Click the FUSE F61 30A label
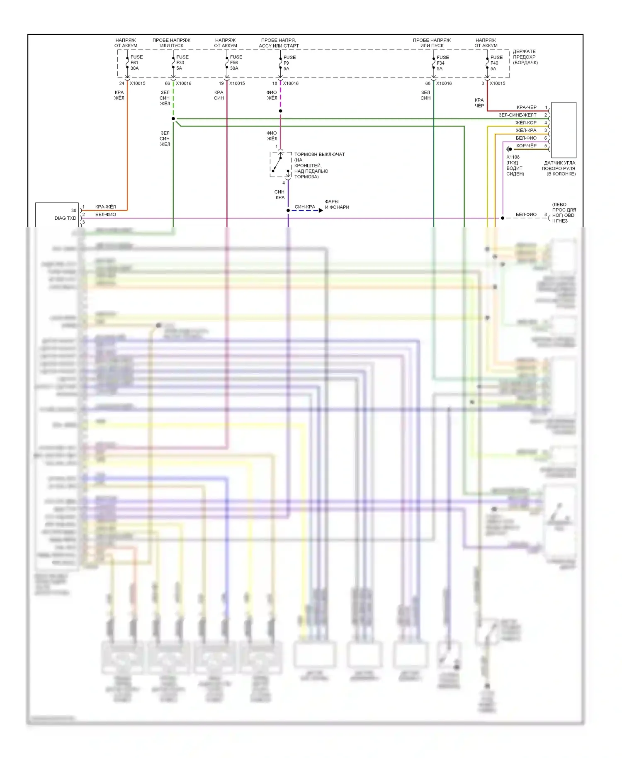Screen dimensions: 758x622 136,63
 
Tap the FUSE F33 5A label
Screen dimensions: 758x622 182,63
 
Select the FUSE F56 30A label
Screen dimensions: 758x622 236,63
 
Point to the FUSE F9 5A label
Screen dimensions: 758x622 289,63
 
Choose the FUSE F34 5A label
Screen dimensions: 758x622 442,63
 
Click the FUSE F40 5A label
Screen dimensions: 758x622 496,63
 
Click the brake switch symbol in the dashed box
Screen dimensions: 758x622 281,165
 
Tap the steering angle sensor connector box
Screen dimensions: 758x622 563,129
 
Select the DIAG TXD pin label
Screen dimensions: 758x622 65,218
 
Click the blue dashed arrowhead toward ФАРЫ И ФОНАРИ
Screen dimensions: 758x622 321,211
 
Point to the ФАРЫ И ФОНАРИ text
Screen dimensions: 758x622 337,204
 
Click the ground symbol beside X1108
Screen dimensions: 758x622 509,149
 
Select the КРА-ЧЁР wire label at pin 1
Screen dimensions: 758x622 526,107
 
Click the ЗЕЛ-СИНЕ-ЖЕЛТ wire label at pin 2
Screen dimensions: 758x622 517,115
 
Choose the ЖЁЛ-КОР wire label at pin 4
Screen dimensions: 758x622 525,123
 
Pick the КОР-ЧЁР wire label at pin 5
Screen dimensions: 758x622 526,146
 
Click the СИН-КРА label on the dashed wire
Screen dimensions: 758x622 305,207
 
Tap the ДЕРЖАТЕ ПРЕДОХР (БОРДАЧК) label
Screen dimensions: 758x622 525,57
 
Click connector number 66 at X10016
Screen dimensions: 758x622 167,83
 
